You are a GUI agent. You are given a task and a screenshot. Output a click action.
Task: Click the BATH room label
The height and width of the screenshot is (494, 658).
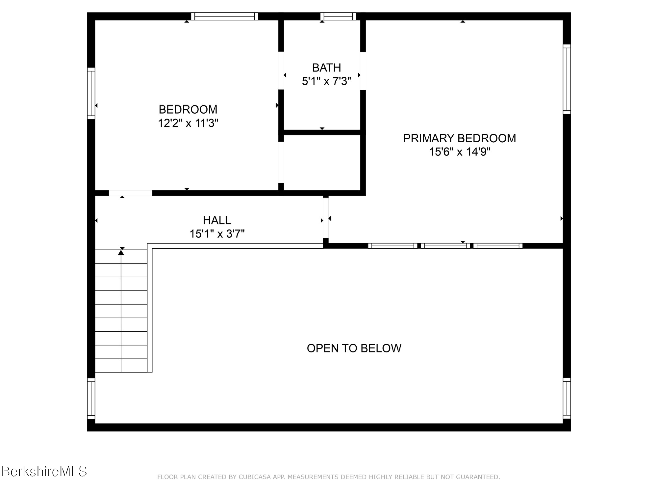click(326, 68)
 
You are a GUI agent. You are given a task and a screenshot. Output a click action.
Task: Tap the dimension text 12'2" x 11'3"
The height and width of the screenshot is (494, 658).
click(188, 123)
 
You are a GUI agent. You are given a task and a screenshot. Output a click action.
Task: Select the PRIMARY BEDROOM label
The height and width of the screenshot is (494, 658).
click(459, 138)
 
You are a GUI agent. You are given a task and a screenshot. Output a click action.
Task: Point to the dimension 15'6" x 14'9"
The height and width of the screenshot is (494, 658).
click(459, 152)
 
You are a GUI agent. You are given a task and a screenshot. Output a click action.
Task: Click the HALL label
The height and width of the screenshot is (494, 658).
click(216, 220)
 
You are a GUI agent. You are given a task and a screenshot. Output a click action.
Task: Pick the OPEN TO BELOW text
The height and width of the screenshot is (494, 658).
click(354, 348)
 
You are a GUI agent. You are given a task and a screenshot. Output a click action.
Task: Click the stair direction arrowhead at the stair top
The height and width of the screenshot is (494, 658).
click(121, 253)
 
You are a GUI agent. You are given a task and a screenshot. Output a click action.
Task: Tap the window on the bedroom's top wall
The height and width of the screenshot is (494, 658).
click(224, 16)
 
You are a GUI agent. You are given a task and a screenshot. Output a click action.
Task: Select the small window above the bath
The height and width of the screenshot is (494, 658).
click(338, 16)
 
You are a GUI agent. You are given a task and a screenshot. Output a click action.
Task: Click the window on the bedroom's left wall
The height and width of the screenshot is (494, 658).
click(91, 94)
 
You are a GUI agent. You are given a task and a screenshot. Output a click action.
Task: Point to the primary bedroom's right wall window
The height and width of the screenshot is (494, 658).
click(567, 79)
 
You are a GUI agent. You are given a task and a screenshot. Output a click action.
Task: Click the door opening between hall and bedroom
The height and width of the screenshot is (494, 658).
click(131, 193)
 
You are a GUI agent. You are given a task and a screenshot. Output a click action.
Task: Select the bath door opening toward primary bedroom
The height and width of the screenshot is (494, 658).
click(363, 71)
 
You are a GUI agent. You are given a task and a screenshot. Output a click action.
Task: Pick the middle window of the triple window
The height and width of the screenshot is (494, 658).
click(445, 246)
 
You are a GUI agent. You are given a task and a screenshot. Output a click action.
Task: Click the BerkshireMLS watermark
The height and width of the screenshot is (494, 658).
click(44, 472)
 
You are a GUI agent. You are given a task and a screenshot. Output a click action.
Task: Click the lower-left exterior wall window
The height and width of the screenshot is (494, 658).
click(91, 398)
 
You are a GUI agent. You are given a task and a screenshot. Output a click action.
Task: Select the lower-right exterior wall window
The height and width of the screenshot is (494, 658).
click(567, 398)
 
